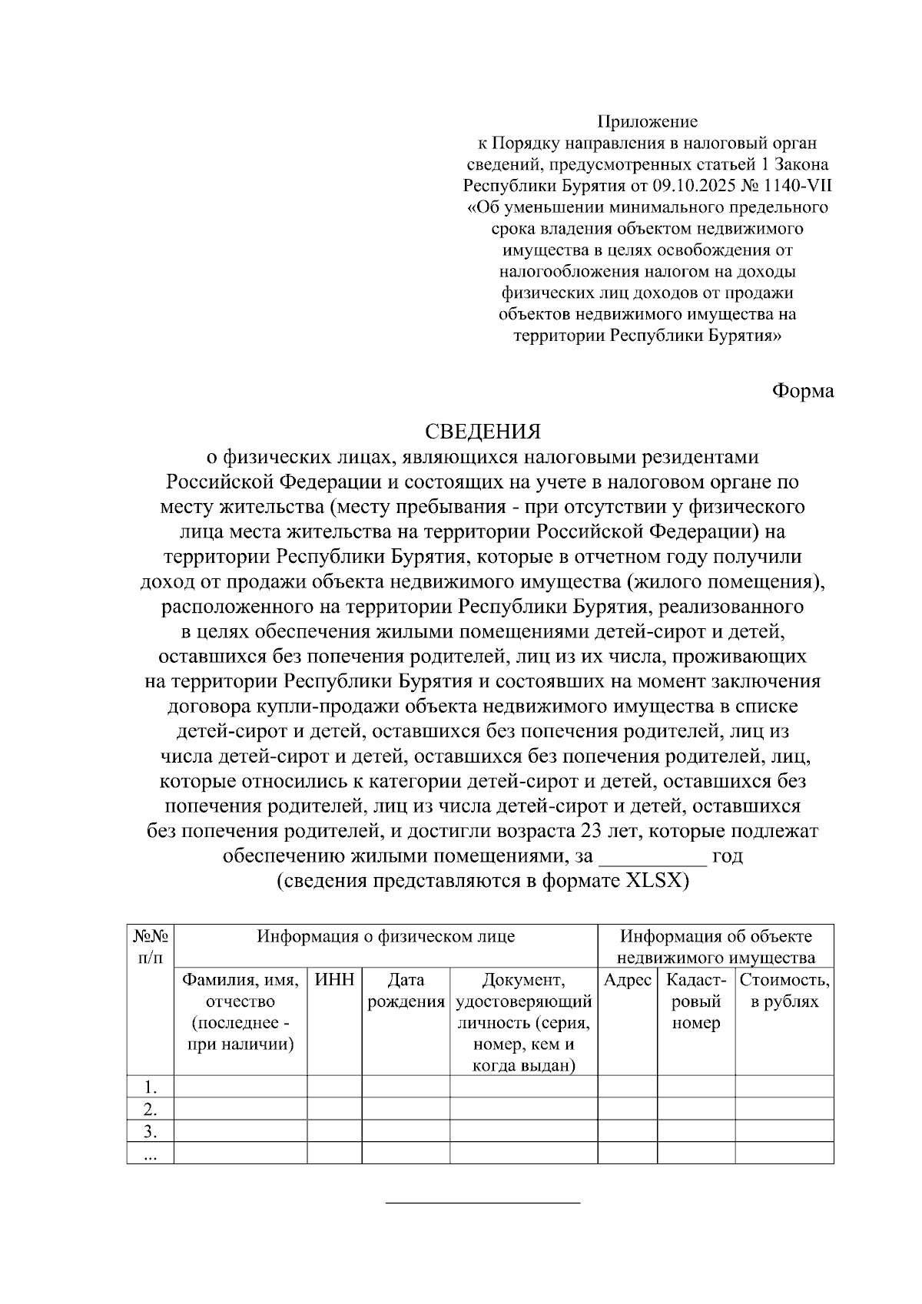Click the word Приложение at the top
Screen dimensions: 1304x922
click(648, 121)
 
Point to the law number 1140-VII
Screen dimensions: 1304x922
click(796, 186)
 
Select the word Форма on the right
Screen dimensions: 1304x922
click(802, 390)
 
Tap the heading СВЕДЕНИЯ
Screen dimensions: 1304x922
click(483, 431)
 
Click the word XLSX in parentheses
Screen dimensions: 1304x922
click(653, 881)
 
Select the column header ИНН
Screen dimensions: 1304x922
click(335, 980)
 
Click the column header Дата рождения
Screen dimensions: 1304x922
click(406, 991)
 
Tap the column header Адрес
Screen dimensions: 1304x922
click(628, 980)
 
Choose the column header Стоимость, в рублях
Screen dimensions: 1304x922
click(784, 991)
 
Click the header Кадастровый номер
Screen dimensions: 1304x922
click(696, 1001)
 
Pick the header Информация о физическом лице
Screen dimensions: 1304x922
click(386, 936)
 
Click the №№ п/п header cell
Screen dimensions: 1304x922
click(151, 947)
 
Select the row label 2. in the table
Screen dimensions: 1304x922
click(151, 1109)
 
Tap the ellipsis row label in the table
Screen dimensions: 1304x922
click(151, 1153)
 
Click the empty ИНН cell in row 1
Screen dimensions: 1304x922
click(335, 1087)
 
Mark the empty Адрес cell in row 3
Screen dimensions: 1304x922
click(628, 1131)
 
